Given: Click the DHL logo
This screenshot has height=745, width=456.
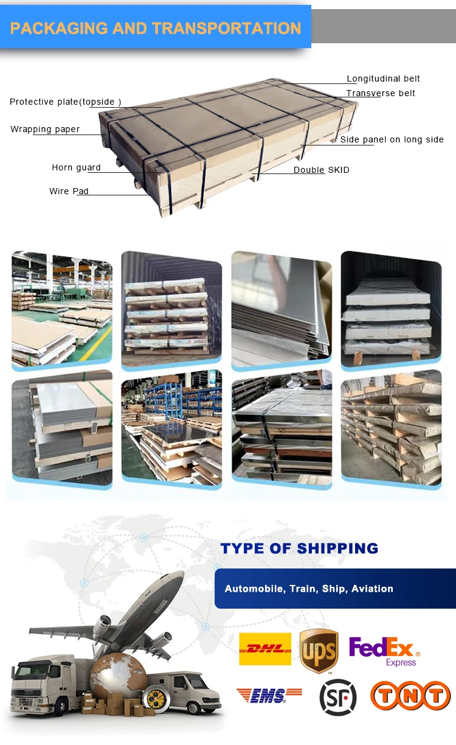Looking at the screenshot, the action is pyautogui.click(x=265, y=649).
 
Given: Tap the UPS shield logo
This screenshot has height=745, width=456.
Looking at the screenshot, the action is pyautogui.click(x=319, y=651).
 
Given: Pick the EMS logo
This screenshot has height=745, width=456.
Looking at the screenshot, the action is pyautogui.click(x=269, y=696).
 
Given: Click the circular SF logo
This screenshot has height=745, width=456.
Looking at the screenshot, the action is pyautogui.click(x=338, y=697).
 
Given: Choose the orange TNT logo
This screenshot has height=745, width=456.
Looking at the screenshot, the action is pyautogui.click(x=410, y=696).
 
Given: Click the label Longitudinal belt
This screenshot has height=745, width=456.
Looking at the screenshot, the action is pyautogui.click(x=383, y=79).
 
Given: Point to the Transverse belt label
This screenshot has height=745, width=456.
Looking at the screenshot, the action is pyautogui.click(x=381, y=93).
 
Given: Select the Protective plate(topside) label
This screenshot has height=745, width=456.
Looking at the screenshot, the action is pyautogui.click(x=66, y=102).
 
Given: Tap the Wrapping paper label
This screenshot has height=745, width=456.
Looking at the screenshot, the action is pyautogui.click(x=45, y=129).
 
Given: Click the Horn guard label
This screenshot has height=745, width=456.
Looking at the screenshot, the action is pyautogui.click(x=76, y=167).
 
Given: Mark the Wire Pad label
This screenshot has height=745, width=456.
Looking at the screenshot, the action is pyautogui.click(x=69, y=191).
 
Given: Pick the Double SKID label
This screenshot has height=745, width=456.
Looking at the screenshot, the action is pyautogui.click(x=321, y=170).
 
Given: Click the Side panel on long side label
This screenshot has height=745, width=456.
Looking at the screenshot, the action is pyautogui.click(x=392, y=139).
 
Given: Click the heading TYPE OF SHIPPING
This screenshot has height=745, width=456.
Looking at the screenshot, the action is pyautogui.click(x=299, y=548).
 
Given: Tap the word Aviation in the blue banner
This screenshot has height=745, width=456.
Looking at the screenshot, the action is pyautogui.click(x=372, y=589).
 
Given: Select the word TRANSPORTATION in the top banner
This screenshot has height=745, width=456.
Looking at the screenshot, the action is pyautogui.click(x=226, y=28).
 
